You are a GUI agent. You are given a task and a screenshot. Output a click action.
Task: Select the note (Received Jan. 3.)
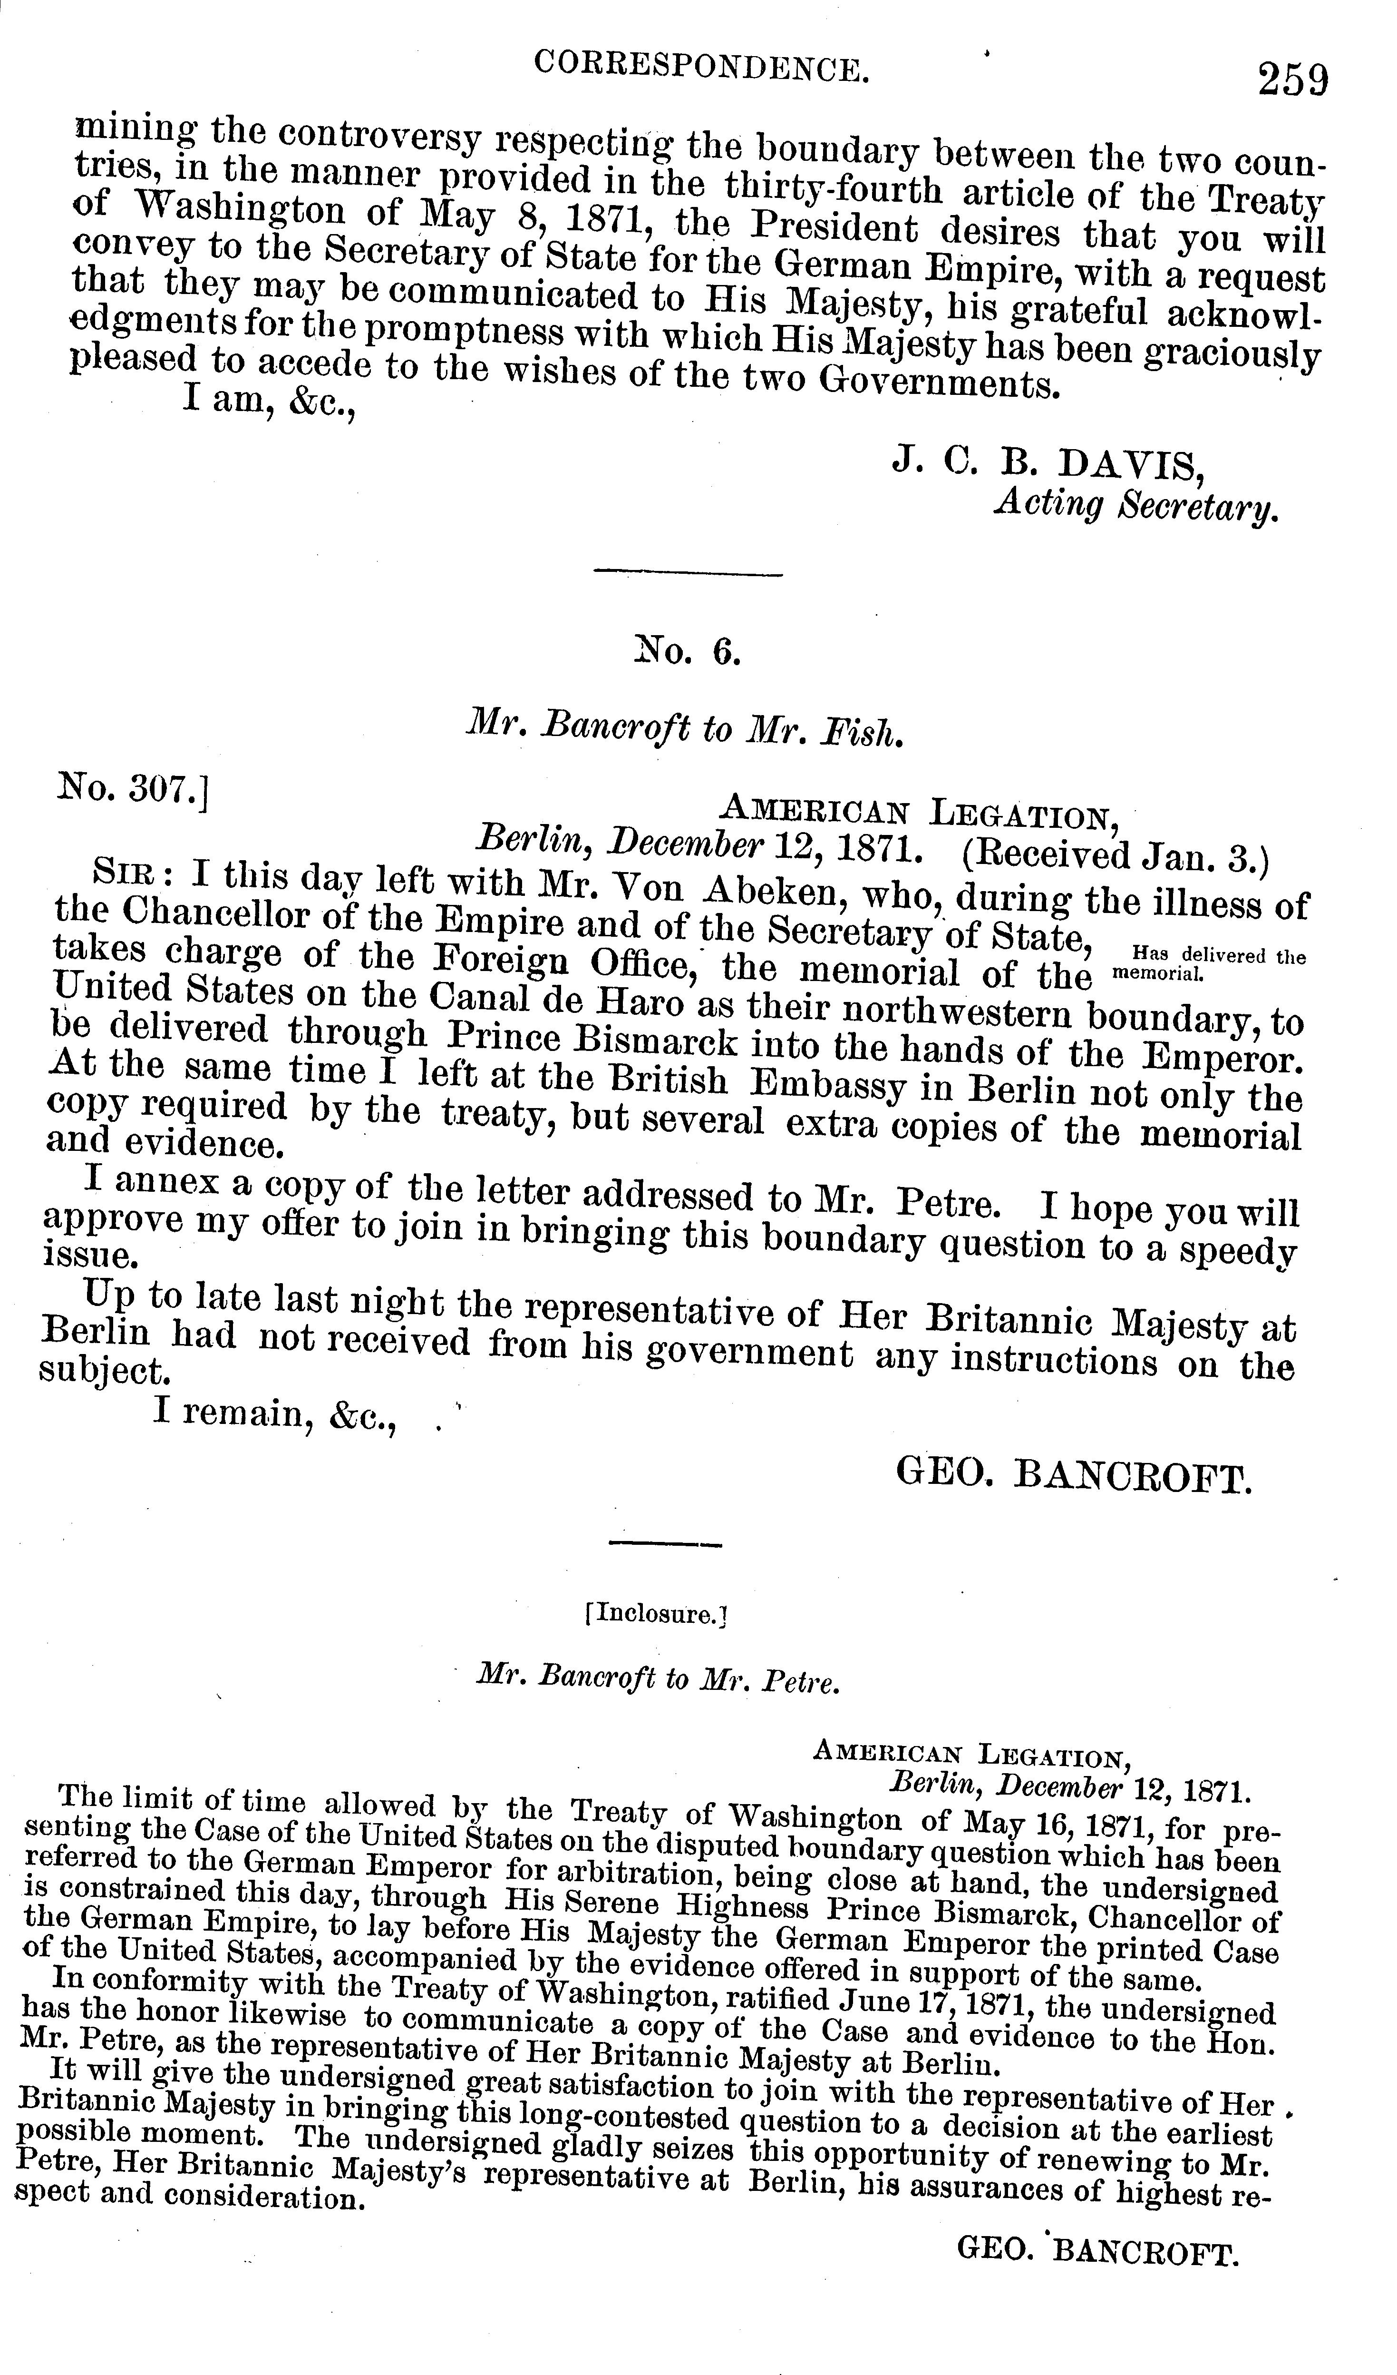(x=1117, y=858)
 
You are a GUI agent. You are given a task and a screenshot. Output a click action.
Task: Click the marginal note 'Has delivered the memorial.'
(x=1209, y=963)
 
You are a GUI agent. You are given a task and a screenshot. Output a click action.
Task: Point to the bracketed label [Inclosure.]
(x=657, y=1612)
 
